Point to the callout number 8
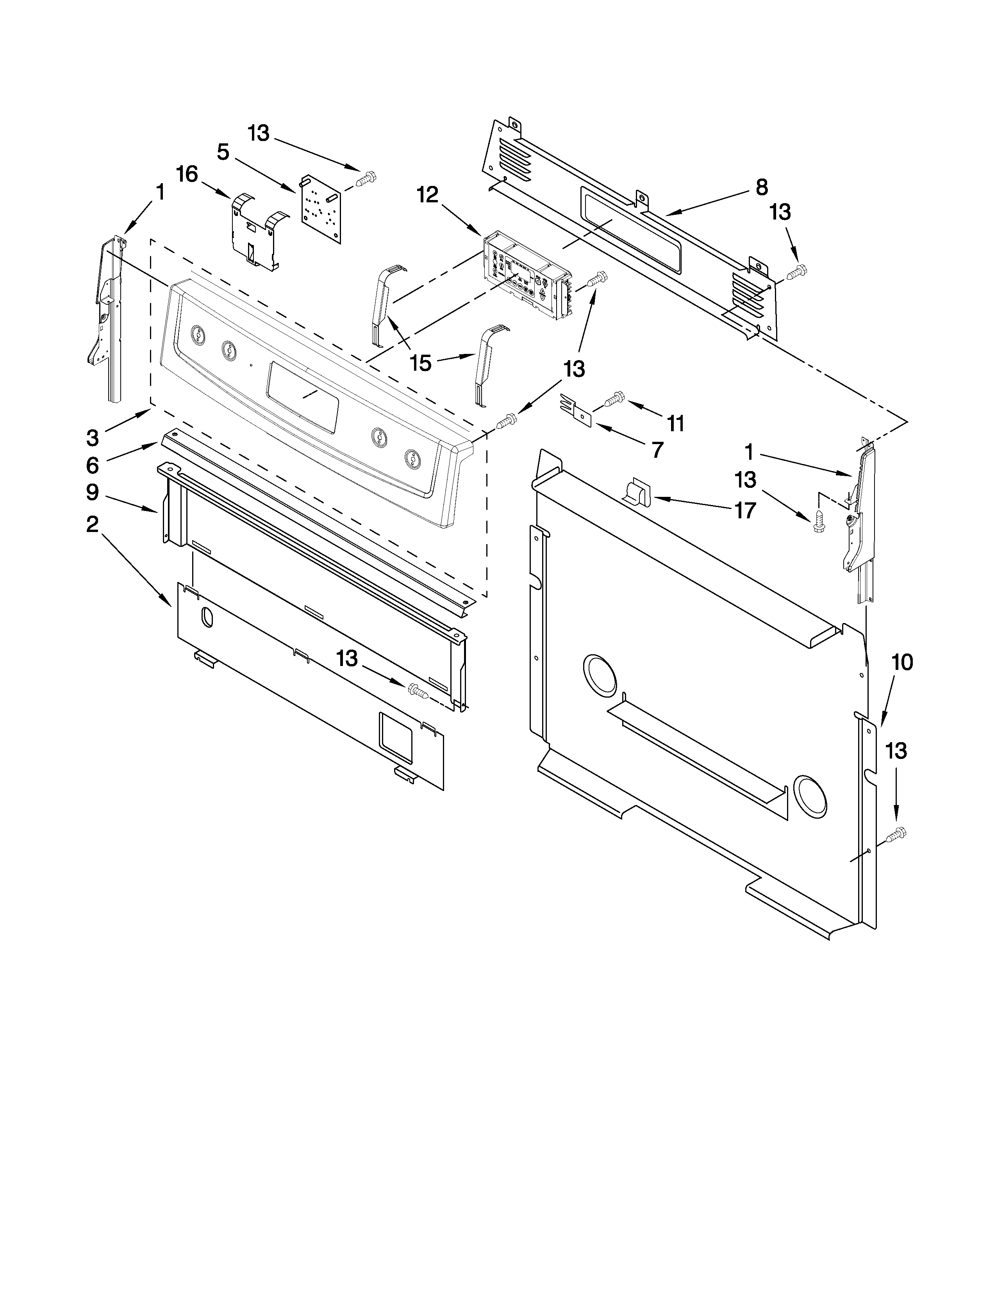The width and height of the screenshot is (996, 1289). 762,187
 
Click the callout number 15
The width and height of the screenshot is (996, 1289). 421,363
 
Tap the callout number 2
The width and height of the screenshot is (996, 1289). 92,524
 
